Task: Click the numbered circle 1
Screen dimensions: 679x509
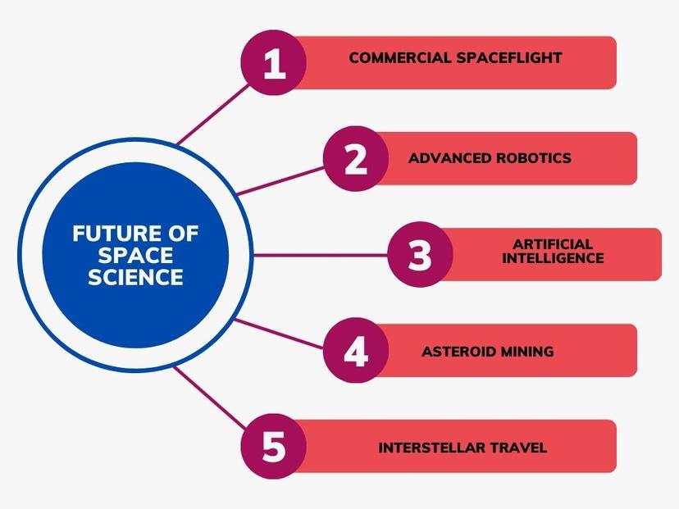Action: [274, 63]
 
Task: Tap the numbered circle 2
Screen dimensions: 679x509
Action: [356, 159]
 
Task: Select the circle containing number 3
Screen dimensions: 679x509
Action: [420, 254]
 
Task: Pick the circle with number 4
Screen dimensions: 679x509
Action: [356, 350]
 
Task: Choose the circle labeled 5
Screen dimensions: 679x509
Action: [274, 446]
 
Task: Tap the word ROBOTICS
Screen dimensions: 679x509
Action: [534, 158]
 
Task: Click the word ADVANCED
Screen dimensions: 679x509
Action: [449, 158]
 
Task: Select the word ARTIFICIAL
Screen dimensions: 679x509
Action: [553, 244]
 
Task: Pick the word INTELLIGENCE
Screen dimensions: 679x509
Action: [553, 258]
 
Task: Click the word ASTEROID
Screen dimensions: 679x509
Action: [459, 351]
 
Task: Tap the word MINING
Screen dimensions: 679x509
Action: [527, 351]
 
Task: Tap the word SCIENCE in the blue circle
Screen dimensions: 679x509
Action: [135, 277]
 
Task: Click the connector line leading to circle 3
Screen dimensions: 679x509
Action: [321, 255]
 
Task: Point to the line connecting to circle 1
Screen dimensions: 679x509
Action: [213, 114]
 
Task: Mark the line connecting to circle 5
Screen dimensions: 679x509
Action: [210, 398]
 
